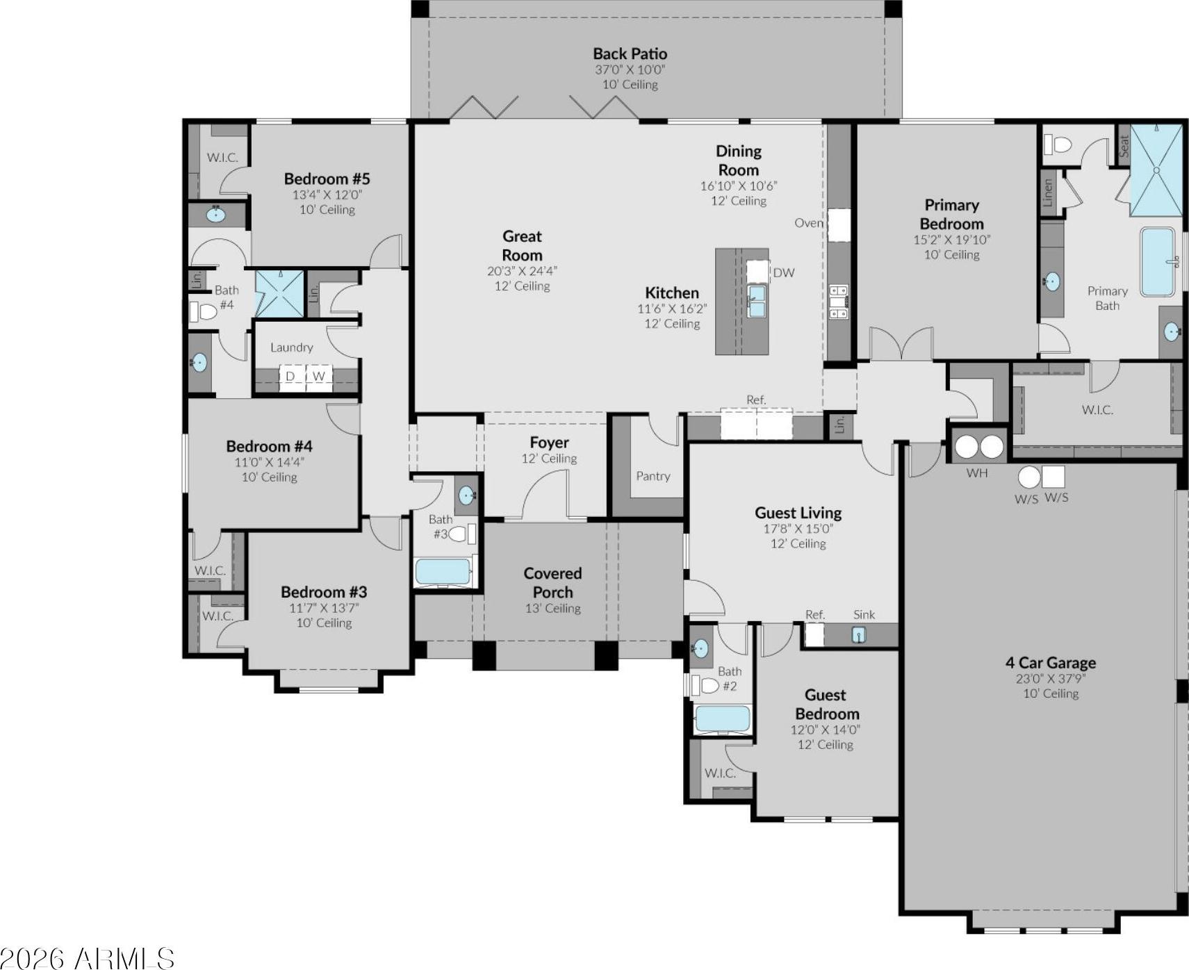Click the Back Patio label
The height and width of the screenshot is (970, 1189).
click(x=630, y=54)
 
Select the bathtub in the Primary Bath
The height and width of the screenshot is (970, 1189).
click(x=1158, y=262)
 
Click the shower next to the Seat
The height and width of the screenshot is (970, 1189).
click(x=1156, y=170)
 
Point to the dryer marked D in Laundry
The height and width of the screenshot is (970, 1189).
click(x=291, y=376)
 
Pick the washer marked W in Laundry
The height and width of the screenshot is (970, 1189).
click(x=319, y=376)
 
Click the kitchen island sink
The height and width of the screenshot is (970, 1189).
click(x=756, y=301)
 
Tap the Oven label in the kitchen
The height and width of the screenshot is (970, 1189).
click(x=809, y=223)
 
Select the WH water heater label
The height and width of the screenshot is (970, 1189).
click(x=976, y=473)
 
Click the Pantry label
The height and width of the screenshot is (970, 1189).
click(x=653, y=476)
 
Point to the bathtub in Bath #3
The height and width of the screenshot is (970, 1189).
click(x=443, y=572)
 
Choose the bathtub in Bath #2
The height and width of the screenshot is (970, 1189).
click(x=723, y=719)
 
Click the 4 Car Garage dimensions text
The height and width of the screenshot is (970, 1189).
click(x=1050, y=678)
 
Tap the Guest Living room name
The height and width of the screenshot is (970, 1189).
click(x=798, y=513)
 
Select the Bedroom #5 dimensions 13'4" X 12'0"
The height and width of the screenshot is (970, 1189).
click(x=327, y=195)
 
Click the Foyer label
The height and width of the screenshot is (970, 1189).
click(x=549, y=443)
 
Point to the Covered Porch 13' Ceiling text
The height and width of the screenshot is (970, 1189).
click(x=552, y=609)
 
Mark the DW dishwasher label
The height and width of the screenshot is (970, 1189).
click(x=784, y=272)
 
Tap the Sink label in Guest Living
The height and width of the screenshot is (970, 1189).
click(x=864, y=614)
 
